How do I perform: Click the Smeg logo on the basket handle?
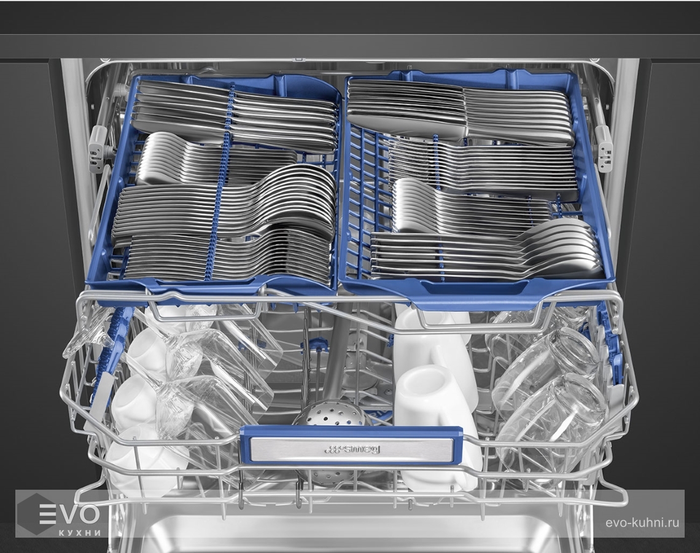352,449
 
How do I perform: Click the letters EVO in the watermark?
69,514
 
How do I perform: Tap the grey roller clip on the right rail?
604,148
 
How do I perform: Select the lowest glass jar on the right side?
551,420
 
